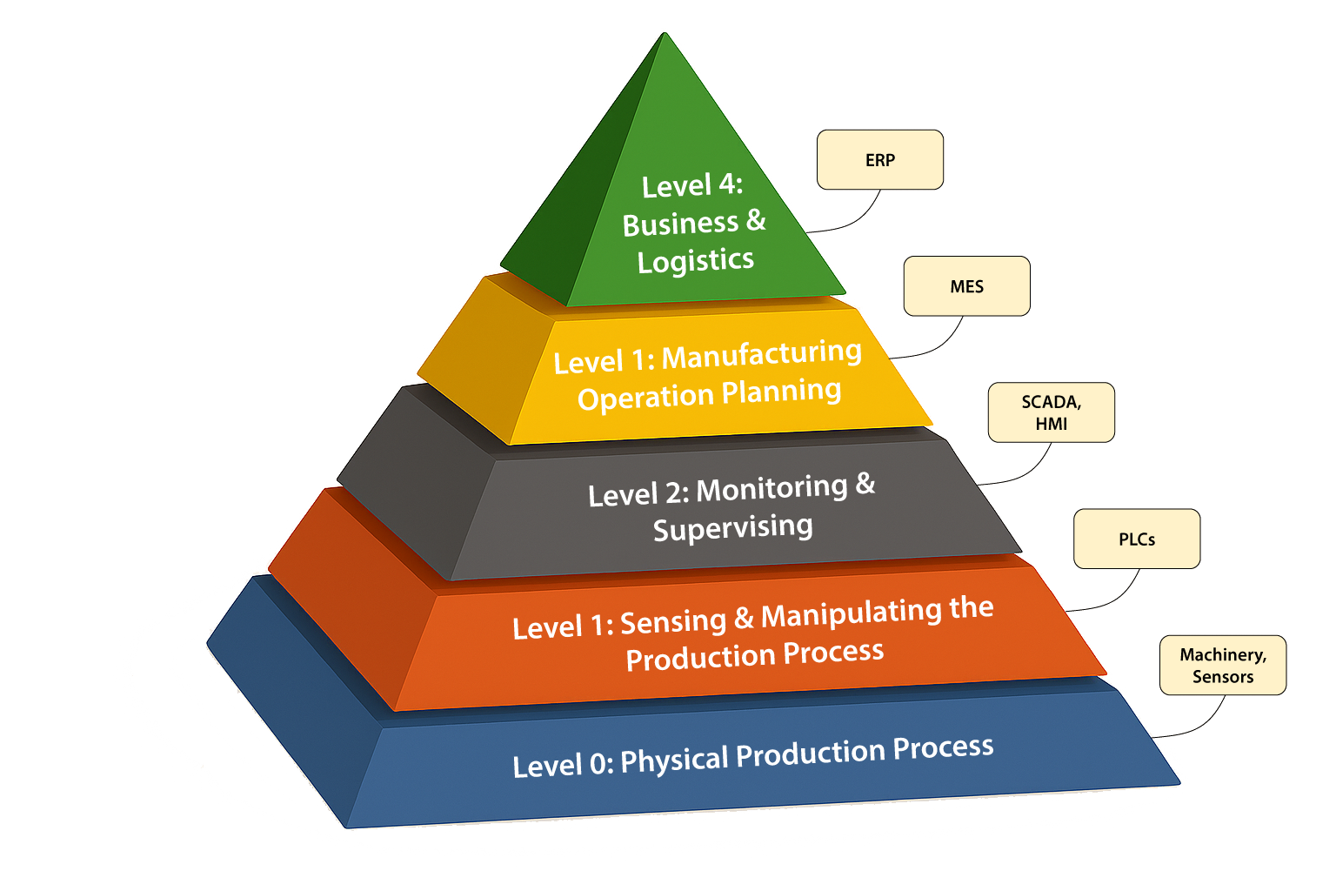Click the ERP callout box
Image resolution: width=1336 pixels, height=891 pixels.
(x=879, y=160)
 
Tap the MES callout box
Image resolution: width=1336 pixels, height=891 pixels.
(x=966, y=286)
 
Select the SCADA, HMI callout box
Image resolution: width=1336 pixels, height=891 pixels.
(x=1051, y=412)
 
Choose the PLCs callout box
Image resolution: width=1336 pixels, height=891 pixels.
(x=1136, y=539)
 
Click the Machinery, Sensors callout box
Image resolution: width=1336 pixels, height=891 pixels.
(x=1222, y=666)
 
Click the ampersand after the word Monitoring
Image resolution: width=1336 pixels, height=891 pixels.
(x=865, y=484)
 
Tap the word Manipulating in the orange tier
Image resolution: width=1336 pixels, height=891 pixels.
(x=851, y=615)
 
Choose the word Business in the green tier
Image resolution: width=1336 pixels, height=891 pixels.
(x=680, y=224)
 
